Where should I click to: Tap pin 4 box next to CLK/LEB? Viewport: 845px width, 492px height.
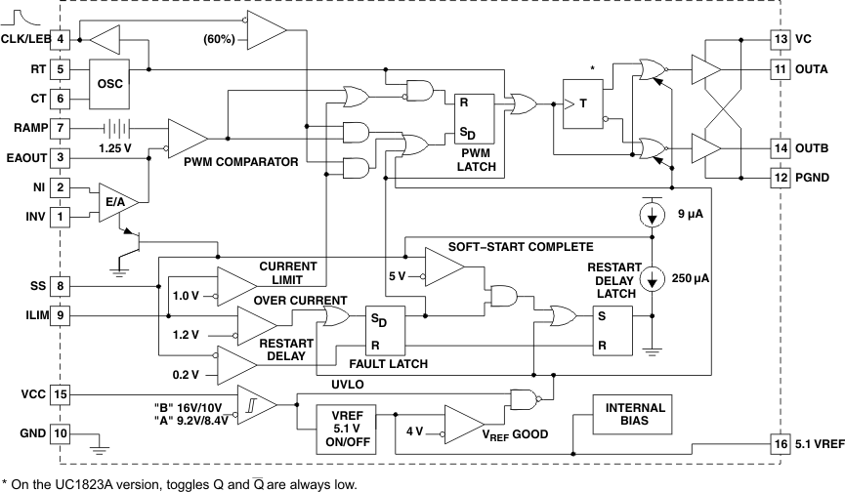(x=61, y=39)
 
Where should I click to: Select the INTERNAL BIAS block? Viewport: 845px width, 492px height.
(x=635, y=415)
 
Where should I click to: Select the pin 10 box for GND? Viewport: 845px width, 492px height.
(x=61, y=432)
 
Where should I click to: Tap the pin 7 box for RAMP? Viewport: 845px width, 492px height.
(x=61, y=126)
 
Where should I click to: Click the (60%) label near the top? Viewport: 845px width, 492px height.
(x=219, y=40)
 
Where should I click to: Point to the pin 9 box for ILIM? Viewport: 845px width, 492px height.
(x=61, y=314)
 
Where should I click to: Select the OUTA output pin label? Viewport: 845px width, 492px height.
(x=813, y=69)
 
